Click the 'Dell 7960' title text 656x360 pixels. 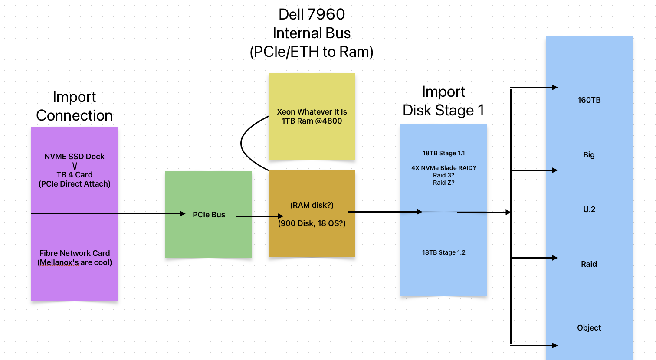(x=312, y=14)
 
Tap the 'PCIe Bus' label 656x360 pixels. (x=209, y=215)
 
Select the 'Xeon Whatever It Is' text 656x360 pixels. (x=312, y=112)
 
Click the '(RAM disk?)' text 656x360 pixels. (x=312, y=205)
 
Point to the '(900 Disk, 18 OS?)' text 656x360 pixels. (x=312, y=224)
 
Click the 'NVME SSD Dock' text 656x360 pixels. (x=74, y=157)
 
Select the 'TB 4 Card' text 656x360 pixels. (x=74, y=175)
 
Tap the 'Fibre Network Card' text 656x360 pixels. (x=74, y=253)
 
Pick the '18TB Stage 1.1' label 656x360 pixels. (x=443, y=153)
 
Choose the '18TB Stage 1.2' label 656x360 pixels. (x=443, y=252)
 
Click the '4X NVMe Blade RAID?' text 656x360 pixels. (x=443, y=168)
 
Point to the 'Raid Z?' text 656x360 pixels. (x=443, y=183)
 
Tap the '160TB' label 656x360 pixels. (x=589, y=100)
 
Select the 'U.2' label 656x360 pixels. (x=589, y=209)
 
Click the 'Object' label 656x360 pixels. (x=589, y=328)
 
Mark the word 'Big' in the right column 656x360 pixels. (x=589, y=155)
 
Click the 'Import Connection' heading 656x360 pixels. (x=74, y=106)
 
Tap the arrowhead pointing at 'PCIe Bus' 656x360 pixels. (x=183, y=213)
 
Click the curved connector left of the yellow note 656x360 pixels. (x=241, y=143)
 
